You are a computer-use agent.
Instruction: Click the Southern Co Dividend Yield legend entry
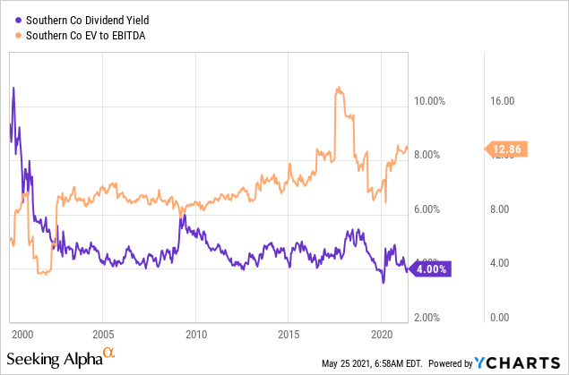click(87, 20)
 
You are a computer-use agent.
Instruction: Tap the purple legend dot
click(18, 20)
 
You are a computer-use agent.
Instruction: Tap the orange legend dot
click(18, 35)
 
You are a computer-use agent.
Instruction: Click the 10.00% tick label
click(428, 100)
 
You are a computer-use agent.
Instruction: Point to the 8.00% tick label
click(428, 155)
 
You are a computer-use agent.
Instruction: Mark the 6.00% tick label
click(428, 209)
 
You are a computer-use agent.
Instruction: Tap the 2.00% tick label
click(428, 318)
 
